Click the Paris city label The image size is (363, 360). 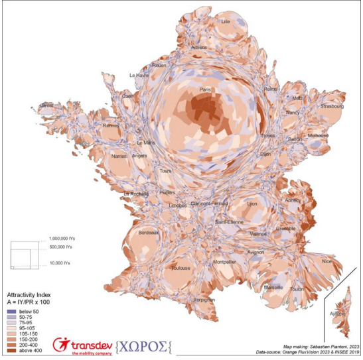206,89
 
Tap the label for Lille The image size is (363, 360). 226,22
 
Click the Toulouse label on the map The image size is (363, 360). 181,268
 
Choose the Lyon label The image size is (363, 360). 252,204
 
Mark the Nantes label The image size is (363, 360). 119,156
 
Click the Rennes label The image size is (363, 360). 111,125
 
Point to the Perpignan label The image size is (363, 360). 204,300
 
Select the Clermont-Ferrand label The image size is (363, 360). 210,203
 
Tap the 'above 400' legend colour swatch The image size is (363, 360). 11,351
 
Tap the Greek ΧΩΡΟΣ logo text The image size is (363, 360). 143,345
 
